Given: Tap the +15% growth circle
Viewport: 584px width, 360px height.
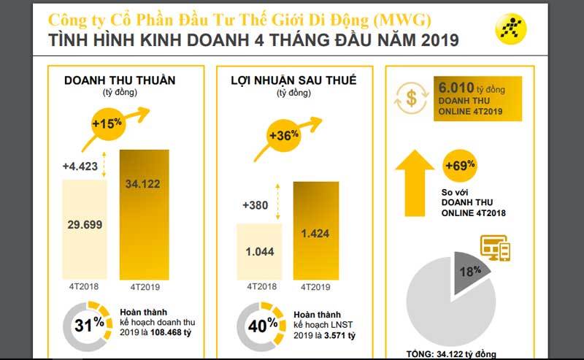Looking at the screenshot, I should click(x=107, y=123).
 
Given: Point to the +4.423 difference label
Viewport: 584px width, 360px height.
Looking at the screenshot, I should click(x=79, y=166).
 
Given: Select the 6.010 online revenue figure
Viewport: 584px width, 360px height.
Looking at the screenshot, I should click(x=454, y=87).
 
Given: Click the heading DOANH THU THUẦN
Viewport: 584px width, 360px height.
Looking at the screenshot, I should click(x=109, y=80).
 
